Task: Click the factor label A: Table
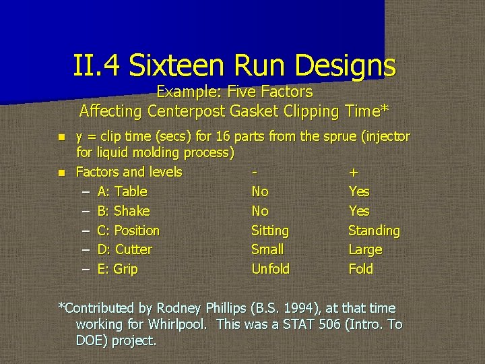pyautogui.click(x=122, y=191)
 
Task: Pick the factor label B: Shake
pyautogui.click(x=123, y=211)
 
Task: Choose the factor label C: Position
pyautogui.click(x=128, y=231)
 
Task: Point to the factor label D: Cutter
pyautogui.click(x=125, y=249)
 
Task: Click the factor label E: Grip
pyautogui.click(x=117, y=269)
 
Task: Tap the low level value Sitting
pyautogui.click(x=269, y=231)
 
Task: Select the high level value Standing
pyautogui.click(x=373, y=231)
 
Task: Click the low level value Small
pyautogui.click(x=267, y=249)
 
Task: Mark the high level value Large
pyautogui.click(x=364, y=249)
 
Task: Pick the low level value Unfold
pyautogui.click(x=270, y=269)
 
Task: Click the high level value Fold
pyautogui.click(x=360, y=269)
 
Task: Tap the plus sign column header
pyautogui.click(x=353, y=173)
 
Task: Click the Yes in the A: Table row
pyautogui.click(x=358, y=191)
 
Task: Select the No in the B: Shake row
pyautogui.click(x=259, y=211)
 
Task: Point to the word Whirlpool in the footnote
pyautogui.click(x=176, y=324)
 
